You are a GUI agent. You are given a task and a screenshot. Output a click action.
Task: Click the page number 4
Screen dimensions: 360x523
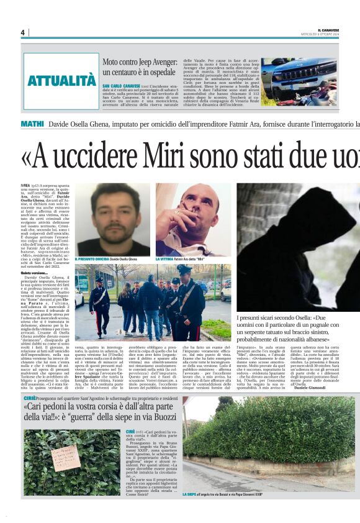22,33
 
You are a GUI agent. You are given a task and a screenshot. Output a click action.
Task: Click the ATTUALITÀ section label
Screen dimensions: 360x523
61,81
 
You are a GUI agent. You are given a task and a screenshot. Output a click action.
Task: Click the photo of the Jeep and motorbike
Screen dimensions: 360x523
299,79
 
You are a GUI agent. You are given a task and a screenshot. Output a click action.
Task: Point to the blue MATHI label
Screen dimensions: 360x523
32,124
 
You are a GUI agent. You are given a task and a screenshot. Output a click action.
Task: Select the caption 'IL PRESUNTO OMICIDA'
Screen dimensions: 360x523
92,259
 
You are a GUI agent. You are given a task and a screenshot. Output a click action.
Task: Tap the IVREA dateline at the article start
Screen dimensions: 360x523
26,186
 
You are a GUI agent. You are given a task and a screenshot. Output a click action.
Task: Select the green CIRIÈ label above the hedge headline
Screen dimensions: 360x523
29,396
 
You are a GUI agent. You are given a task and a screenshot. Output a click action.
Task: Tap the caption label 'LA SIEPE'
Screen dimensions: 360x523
190,494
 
